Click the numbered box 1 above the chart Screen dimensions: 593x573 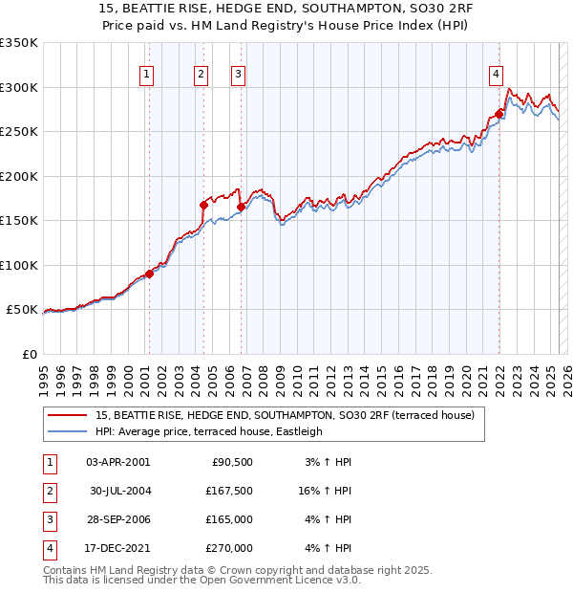[147, 75]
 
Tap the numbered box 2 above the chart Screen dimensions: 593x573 [201, 75]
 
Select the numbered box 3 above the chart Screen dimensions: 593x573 [238, 75]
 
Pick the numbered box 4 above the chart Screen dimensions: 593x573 [497, 75]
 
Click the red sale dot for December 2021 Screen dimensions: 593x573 [499, 115]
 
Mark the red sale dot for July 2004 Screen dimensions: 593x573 [204, 205]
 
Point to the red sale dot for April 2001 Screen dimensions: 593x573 [149, 274]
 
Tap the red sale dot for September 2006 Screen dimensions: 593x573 [241, 207]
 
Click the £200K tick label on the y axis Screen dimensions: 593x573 [19, 176]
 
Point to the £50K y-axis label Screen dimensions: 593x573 [22, 310]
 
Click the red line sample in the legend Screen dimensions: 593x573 [69, 416]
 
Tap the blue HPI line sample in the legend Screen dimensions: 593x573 [69, 431]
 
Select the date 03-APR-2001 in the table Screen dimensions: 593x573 [117, 462]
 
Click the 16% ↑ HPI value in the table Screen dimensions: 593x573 [323, 491]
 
